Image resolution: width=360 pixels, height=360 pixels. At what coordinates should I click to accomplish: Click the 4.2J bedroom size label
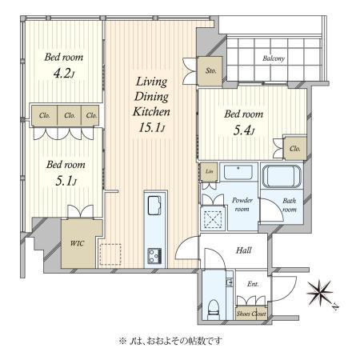point(64,73)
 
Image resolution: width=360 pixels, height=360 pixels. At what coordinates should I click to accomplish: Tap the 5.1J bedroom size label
point(66,181)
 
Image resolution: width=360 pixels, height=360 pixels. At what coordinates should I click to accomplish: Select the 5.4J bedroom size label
point(244,130)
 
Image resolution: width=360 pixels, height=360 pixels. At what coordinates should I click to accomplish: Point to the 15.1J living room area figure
point(152,128)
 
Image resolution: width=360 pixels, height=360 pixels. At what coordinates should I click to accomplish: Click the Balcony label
point(274,58)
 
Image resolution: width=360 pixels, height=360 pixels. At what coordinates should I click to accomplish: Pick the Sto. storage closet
point(210,71)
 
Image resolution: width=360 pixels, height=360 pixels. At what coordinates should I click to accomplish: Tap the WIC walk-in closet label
point(77,243)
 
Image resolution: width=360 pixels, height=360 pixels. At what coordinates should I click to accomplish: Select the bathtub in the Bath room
point(282,176)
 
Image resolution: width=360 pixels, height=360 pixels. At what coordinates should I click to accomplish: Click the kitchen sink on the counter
point(154,205)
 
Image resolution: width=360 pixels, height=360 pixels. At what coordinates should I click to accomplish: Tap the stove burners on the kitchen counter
point(154,256)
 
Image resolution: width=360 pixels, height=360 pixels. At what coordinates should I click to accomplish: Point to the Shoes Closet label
point(251,314)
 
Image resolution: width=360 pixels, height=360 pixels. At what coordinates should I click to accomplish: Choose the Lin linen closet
point(210,172)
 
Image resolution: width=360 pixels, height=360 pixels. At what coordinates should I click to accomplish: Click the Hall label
point(244,250)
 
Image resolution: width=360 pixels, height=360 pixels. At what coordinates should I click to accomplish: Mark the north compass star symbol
point(319,293)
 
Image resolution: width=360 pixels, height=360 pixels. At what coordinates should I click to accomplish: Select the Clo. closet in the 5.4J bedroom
point(295,148)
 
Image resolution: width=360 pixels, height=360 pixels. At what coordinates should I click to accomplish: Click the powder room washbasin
point(238,173)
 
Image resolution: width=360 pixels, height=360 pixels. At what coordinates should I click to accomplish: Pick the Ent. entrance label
point(253,284)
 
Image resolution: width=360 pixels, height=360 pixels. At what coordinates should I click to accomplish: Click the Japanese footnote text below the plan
point(170,341)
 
